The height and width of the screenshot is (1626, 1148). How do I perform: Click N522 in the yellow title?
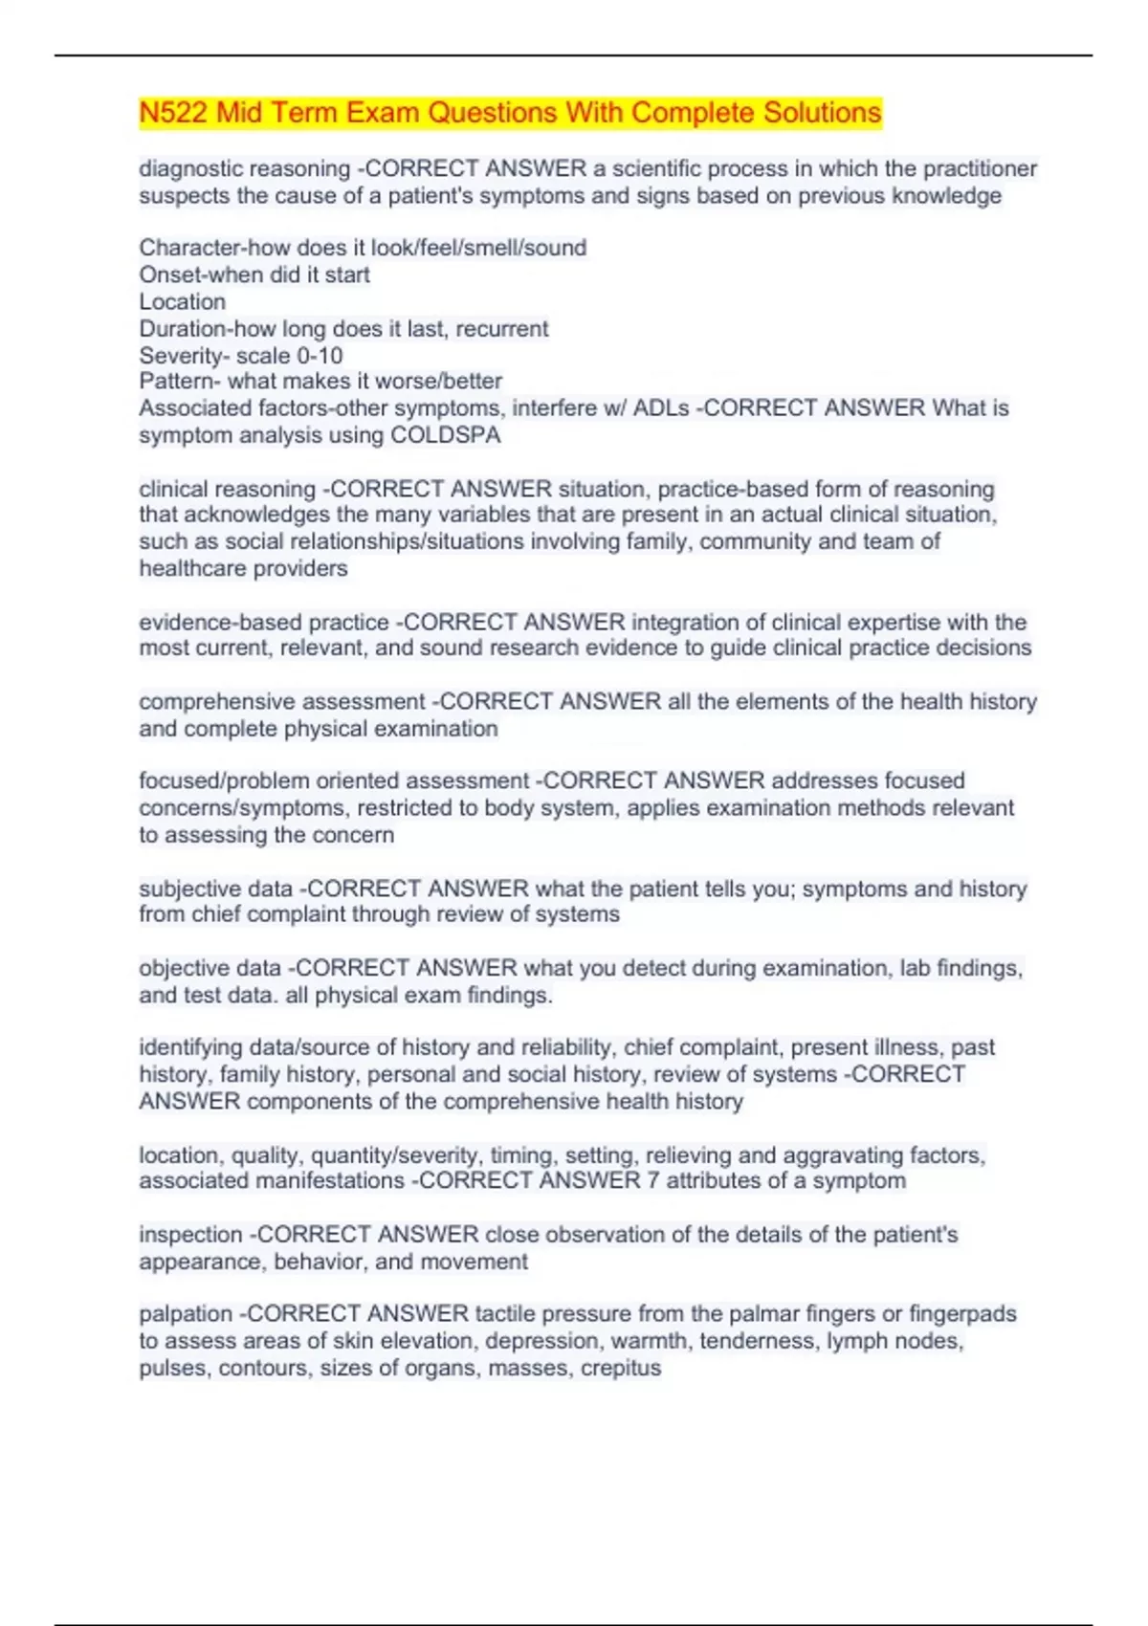click(x=173, y=113)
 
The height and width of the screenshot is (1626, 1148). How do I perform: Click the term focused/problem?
click(x=224, y=781)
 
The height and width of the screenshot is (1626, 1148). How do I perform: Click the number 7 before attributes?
click(x=652, y=1181)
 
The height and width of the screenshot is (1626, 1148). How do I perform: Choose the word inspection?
click(x=190, y=1235)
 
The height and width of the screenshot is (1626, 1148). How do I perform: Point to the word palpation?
click(x=186, y=1314)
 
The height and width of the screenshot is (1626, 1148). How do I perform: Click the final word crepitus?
click(x=622, y=1368)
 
